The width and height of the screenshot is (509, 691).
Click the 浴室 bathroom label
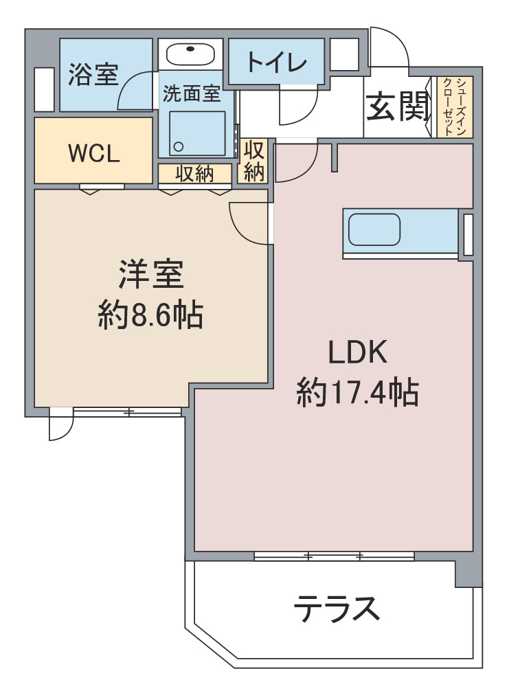pyautogui.click(x=93, y=75)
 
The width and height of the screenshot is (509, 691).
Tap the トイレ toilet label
pyautogui.click(x=276, y=63)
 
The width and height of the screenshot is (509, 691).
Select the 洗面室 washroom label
pyautogui.click(x=192, y=94)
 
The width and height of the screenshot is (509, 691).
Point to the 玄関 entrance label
pyautogui.click(x=396, y=107)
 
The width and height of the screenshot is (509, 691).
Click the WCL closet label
pyautogui.click(x=94, y=154)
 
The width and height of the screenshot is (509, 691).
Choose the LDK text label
pyautogui.click(x=358, y=352)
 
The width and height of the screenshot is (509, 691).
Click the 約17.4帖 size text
pyautogui.click(x=358, y=393)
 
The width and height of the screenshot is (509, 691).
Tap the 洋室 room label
pyautogui.click(x=150, y=275)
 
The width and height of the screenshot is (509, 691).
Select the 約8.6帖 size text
pyautogui.click(x=150, y=315)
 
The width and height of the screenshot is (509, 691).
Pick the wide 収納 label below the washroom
pyautogui.click(x=194, y=174)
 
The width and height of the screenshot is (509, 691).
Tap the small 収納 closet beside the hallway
pyautogui.click(x=254, y=161)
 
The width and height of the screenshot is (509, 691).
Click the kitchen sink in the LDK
pyautogui.click(x=374, y=229)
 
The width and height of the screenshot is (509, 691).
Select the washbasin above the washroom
pyautogui.click(x=190, y=54)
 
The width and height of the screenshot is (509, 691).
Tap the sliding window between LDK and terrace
pyautogui.click(x=334, y=556)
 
